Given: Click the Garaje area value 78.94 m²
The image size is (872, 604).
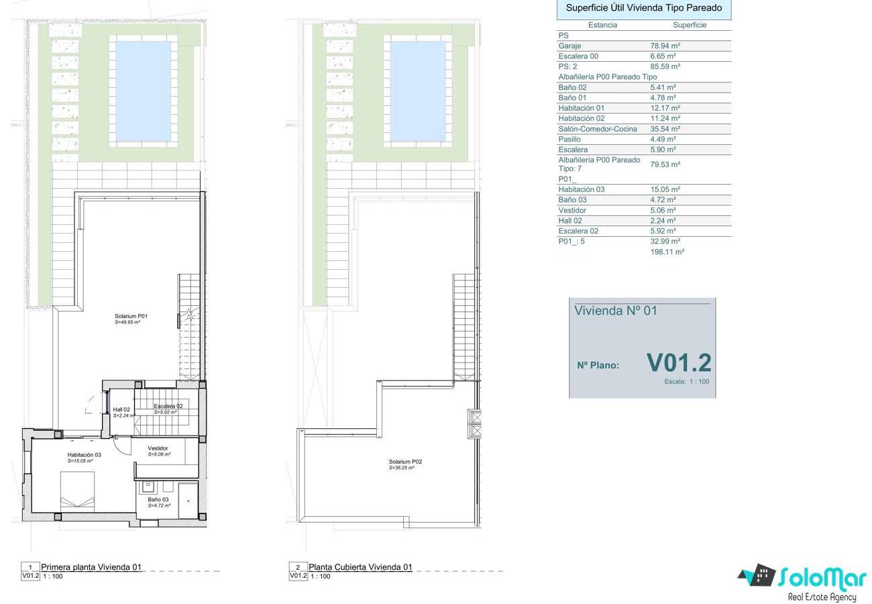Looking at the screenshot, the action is pos(665,46).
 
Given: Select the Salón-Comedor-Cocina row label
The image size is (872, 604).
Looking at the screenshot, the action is pos(598,129).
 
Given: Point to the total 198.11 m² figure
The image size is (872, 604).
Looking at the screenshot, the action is pos(667,252).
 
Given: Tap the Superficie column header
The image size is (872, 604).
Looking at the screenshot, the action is pos(690,25).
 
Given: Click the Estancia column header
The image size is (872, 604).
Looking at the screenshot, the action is pos(602,25).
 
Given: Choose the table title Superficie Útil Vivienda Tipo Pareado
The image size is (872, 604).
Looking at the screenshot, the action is pos(644,8).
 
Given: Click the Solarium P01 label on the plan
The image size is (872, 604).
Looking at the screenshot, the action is pos(131,316).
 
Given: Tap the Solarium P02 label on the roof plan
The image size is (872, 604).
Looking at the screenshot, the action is pos(405,462).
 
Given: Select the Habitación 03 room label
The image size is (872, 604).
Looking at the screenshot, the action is pos(84,455).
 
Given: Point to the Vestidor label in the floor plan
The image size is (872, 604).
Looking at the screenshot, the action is pos(158,448).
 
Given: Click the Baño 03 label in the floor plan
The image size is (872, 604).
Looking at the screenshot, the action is pos(158,499).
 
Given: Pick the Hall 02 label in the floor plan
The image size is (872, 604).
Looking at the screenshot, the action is pos(121,409).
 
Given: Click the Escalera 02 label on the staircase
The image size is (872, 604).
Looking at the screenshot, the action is pos(168,406).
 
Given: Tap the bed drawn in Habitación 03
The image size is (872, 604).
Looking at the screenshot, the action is pos(77,491).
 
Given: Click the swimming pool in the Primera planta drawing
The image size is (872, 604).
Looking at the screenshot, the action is pos(144,91).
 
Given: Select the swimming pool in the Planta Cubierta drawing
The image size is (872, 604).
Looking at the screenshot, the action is pos(418,91).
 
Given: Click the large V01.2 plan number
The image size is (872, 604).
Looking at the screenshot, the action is pos(679,362).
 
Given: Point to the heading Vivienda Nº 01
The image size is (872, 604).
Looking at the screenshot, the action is pos(616,311).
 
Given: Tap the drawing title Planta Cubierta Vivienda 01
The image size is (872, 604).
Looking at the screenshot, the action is pos(360,567).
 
